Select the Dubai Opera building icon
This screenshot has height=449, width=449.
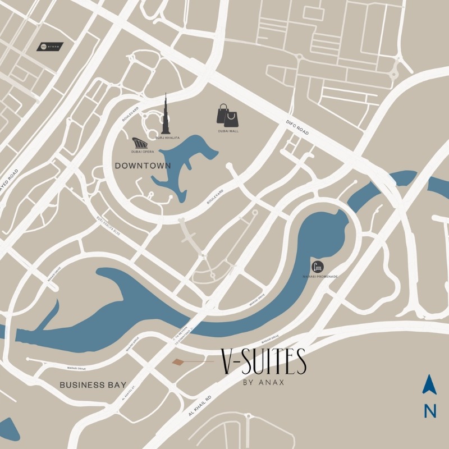click(x=140, y=143)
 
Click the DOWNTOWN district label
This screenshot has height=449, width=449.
click(x=142, y=166)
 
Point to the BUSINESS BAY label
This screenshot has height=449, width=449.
click(x=89, y=385)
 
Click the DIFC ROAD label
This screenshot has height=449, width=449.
click(x=297, y=127)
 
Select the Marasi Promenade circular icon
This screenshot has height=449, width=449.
click(x=318, y=266)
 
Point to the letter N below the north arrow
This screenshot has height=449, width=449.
click(x=430, y=411)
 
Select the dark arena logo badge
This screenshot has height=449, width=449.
click(x=49, y=47)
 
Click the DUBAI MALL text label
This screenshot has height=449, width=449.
click(x=228, y=131)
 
